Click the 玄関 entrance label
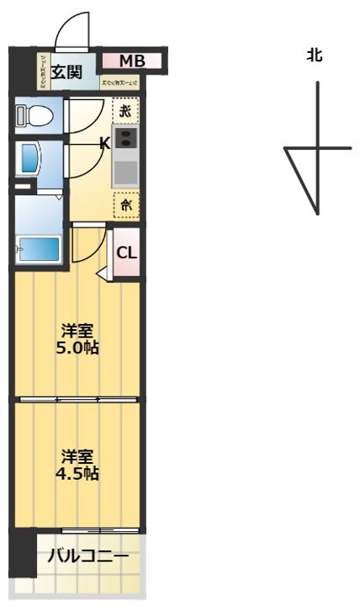click(x=66, y=72)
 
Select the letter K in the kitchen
click(x=105, y=143)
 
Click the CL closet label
click(x=126, y=252)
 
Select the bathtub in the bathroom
click(x=39, y=249)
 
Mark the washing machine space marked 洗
click(x=124, y=110)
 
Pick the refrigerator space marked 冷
click(x=125, y=204)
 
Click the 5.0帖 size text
click(x=77, y=346)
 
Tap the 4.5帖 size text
click(x=77, y=473)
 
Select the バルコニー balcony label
click(x=87, y=556)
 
